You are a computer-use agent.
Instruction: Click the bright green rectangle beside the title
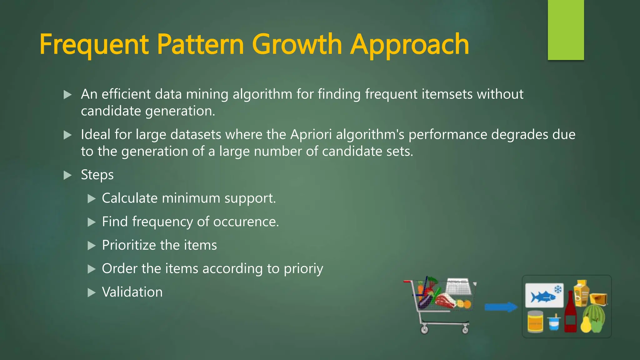point(566,30)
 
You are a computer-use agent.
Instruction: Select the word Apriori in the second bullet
point(311,135)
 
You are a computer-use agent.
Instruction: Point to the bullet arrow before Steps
point(67,175)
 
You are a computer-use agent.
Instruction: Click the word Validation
point(132,292)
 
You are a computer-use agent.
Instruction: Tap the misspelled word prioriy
point(303,269)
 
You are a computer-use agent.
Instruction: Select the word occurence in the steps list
point(245,222)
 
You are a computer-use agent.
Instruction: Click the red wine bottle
point(570,314)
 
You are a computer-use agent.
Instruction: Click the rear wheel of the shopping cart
point(424,330)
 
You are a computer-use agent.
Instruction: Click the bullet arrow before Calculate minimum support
point(91,199)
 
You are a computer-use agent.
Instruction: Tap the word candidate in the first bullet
point(111,111)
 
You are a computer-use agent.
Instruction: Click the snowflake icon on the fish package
point(558,289)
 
